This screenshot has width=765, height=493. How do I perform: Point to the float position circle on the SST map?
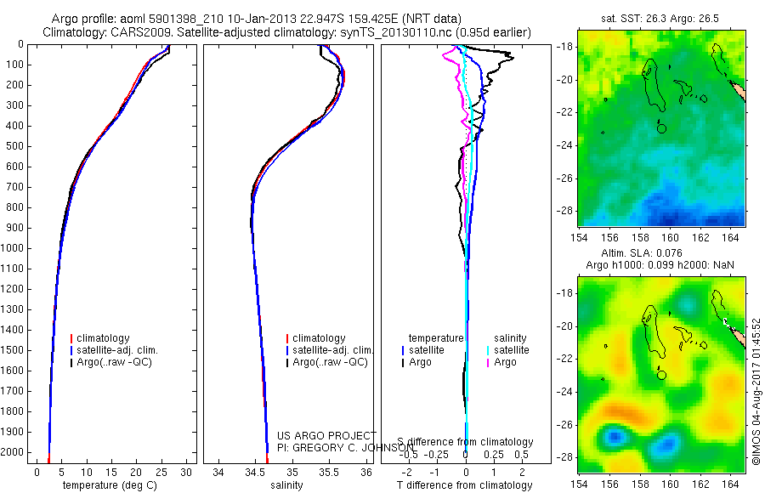coord(662,127)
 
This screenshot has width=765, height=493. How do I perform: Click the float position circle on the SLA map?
coord(662,374)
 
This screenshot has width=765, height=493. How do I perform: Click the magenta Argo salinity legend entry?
coord(505,362)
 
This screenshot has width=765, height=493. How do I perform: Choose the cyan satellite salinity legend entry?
coord(511,350)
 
